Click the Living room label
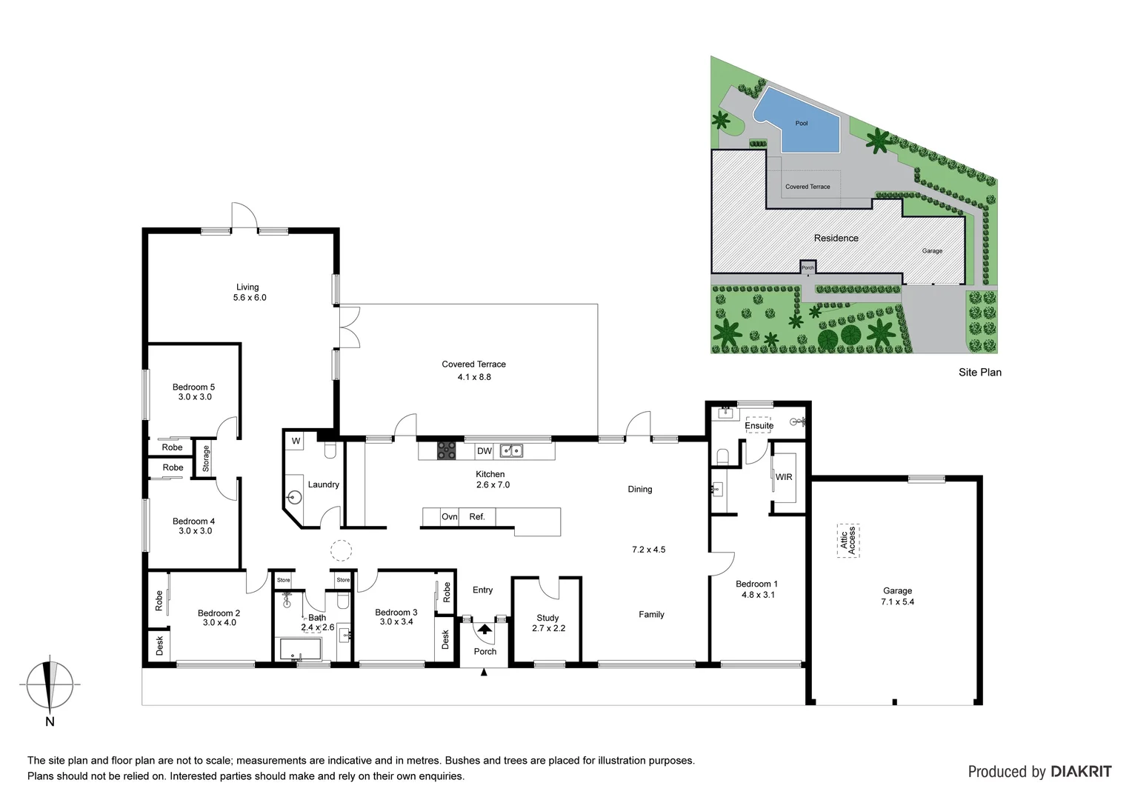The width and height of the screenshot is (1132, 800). tap(247, 287)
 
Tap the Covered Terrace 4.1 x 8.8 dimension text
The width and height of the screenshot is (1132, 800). tap(474, 377)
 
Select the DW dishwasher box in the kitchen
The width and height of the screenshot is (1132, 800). tap(485, 451)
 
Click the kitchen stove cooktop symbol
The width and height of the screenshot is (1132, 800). tap(447, 450)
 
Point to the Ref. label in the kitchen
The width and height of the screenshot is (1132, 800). tap(477, 517)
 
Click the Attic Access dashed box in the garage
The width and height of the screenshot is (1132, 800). tap(848, 540)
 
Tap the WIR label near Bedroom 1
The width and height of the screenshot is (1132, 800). tap(784, 477)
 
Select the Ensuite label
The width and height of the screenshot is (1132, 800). tap(759, 426)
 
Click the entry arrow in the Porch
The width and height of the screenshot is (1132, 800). tap(485, 630)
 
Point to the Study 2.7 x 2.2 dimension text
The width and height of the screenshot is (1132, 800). tap(548, 628)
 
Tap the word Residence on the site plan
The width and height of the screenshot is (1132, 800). tap(836, 239)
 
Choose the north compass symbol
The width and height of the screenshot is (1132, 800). tap(50, 685)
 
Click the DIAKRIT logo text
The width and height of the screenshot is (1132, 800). tap(1081, 772)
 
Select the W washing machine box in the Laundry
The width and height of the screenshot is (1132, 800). tap(296, 441)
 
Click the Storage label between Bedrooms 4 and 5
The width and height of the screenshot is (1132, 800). tap(206, 459)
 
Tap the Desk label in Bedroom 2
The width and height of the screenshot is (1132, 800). tap(159, 645)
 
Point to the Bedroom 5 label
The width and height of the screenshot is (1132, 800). tap(193, 387)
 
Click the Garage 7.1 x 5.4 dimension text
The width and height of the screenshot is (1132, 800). tap(897, 602)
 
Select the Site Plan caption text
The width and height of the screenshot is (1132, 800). tap(979, 373)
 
